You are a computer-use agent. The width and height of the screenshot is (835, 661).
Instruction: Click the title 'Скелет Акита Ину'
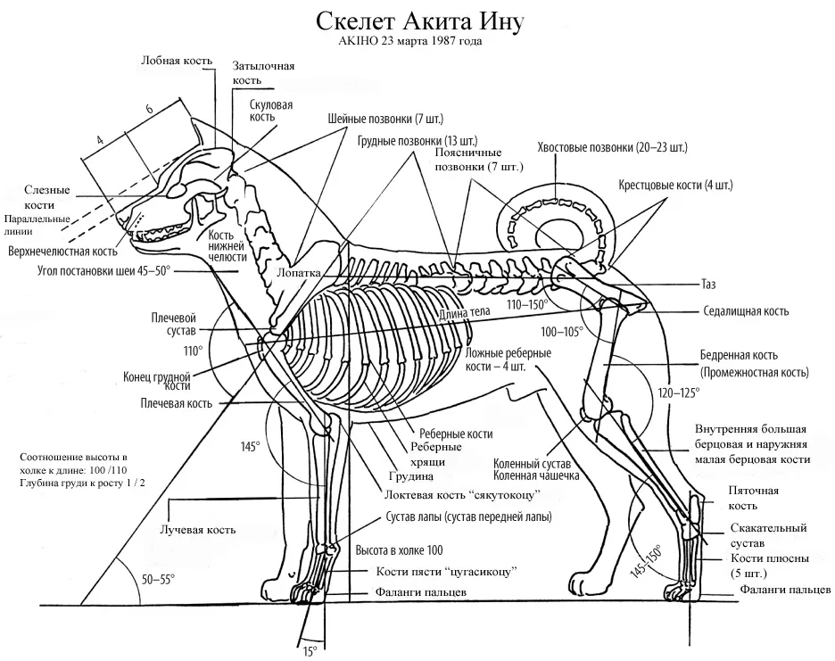420,21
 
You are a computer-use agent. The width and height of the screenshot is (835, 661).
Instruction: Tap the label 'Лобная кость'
177,60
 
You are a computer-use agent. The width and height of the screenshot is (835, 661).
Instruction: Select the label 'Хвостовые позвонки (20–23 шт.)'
612,147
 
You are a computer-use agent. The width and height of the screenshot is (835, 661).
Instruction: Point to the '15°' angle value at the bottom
310,649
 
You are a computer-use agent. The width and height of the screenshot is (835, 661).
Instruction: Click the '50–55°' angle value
158,580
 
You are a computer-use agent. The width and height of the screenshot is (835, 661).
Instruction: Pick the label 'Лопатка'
299,272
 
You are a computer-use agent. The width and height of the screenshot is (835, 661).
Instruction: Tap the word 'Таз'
708,285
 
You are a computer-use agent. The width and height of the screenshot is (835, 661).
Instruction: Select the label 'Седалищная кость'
746,311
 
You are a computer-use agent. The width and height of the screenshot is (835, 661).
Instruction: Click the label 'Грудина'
410,476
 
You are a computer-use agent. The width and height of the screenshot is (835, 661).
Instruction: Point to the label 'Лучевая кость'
197,530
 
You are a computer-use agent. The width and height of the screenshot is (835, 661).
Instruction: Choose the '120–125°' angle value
679,393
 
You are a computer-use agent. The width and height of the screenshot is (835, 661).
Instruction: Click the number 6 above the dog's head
150,109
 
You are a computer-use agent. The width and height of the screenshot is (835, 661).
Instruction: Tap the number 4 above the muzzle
100,141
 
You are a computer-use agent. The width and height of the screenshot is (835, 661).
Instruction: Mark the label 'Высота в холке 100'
399,550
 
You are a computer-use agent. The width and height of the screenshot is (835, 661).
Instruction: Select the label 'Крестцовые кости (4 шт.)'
676,186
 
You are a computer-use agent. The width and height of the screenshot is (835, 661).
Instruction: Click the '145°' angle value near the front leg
250,446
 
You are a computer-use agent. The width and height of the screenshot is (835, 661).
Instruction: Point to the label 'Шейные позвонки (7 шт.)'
385,119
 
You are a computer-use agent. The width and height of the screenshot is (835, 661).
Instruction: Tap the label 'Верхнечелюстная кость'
62,251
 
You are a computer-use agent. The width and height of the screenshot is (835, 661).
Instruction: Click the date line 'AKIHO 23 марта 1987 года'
410,41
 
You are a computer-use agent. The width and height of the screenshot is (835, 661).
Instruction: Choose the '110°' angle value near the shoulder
194,351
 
